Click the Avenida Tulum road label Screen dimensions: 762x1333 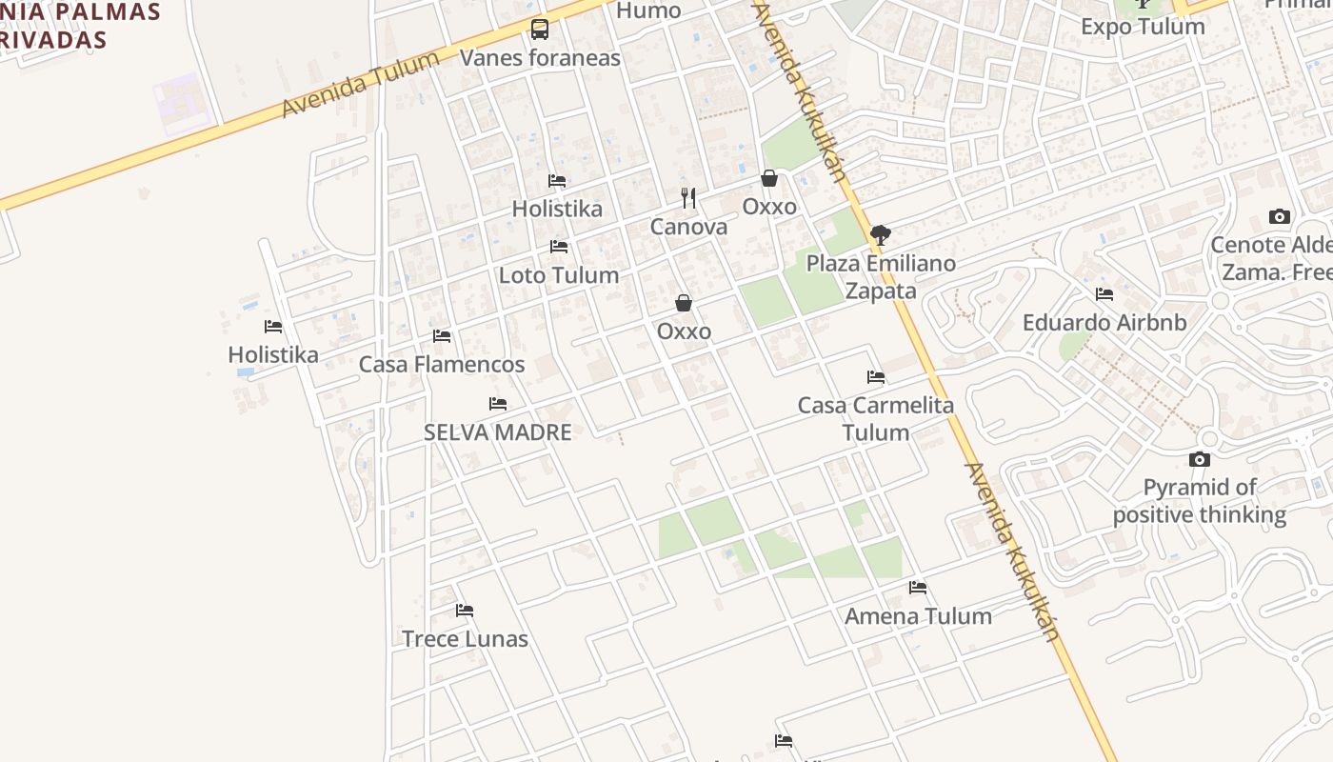[361, 84]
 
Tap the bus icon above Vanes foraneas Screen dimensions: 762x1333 [540, 30]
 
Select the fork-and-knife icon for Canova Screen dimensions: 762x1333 [688, 198]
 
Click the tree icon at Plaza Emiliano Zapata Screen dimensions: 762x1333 [881, 234]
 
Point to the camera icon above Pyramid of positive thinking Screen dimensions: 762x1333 [1200, 460]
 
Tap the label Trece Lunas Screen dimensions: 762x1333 [465, 638]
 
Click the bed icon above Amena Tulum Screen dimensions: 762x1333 [918, 588]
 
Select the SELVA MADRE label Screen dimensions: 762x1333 [497, 432]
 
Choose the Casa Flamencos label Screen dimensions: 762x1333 [442, 364]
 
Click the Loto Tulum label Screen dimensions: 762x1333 [559, 275]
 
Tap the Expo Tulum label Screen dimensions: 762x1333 [1143, 27]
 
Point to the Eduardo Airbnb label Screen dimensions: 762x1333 [1104, 323]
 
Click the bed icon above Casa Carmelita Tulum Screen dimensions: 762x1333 [876, 377]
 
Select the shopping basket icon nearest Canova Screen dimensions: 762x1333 [769, 178]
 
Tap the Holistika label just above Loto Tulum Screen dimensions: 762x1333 [557, 209]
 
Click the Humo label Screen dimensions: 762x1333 [648, 10]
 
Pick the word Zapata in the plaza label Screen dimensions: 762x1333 [881, 291]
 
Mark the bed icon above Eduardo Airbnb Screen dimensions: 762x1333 [1104, 294]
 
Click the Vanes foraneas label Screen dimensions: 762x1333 [540, 58]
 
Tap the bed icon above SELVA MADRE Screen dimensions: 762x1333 [498, 404]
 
